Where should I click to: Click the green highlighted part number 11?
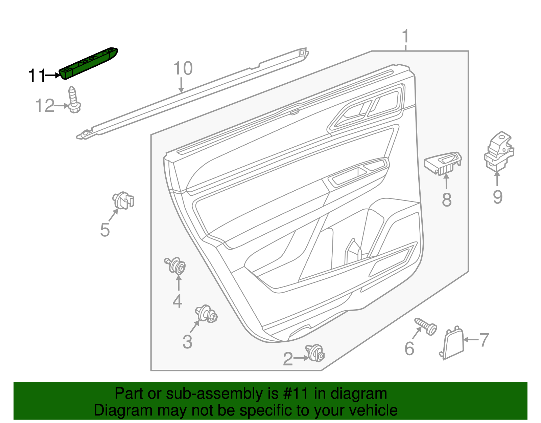coord(89,63)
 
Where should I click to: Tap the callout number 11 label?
coord(37,76)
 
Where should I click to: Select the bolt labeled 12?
coord(74,100)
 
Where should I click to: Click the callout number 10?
coord(183,68)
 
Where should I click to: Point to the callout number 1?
coord(406,37)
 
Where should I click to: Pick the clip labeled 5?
coord(123,200)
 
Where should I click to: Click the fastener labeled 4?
coord(177,266)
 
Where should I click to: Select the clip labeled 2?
coord(316,353)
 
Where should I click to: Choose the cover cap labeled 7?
coord(453,343)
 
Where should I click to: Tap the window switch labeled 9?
coord(499,151)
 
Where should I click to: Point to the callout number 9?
coord(497,197)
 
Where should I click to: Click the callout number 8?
coord(447,199)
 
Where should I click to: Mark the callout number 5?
coord(105,230)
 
